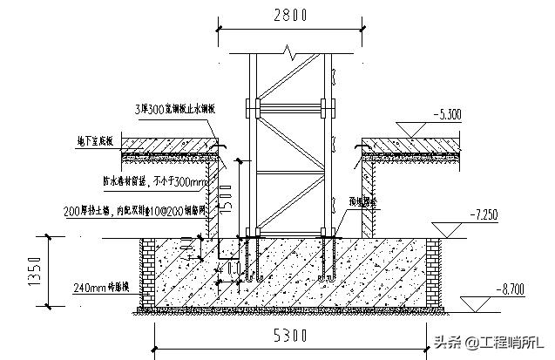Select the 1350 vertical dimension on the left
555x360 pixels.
pos(34,270)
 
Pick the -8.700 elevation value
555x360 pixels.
pos(507,285)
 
